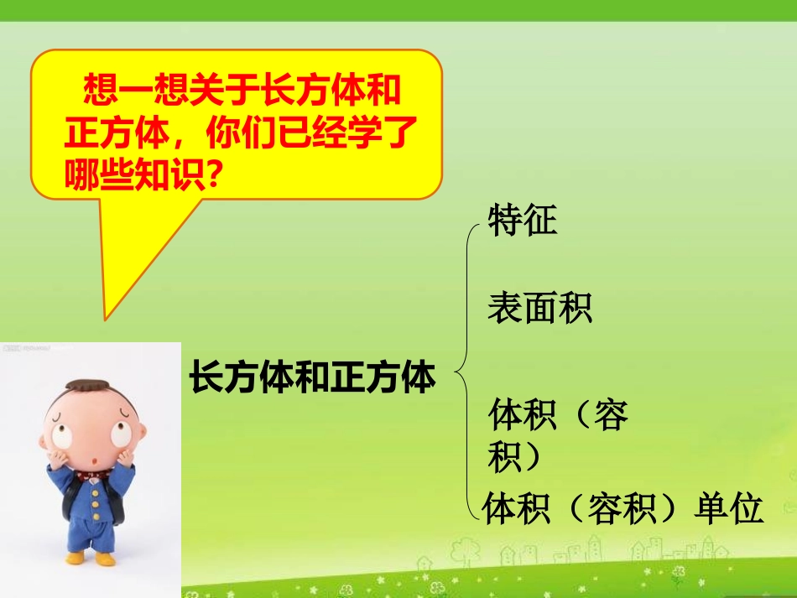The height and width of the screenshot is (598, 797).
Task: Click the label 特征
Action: pos(522,222)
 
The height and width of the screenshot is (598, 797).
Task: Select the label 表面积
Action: pos(539,308)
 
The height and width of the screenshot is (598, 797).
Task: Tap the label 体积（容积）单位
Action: pos(622,509)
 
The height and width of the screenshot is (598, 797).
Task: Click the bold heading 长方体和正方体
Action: pos(312,377)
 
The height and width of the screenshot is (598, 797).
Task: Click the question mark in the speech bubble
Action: pos(220,174)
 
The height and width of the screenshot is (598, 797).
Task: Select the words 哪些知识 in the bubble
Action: pos(134,174)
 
